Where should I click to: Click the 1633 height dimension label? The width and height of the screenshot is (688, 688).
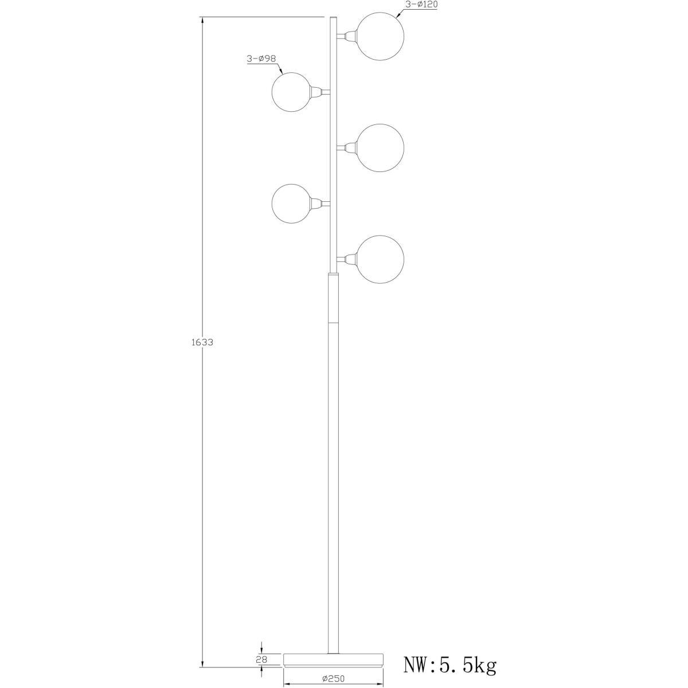click(x=202, y=342)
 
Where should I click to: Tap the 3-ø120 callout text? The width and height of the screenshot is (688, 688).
click(x=421, y=5)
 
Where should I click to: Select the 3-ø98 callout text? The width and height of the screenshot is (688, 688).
click(x=261, y=59)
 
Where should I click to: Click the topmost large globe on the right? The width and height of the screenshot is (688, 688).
click(x=380, y=36)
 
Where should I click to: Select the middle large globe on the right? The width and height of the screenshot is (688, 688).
click(x=380, y=147)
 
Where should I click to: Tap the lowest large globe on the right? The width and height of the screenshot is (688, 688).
click(x=380, y=259)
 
